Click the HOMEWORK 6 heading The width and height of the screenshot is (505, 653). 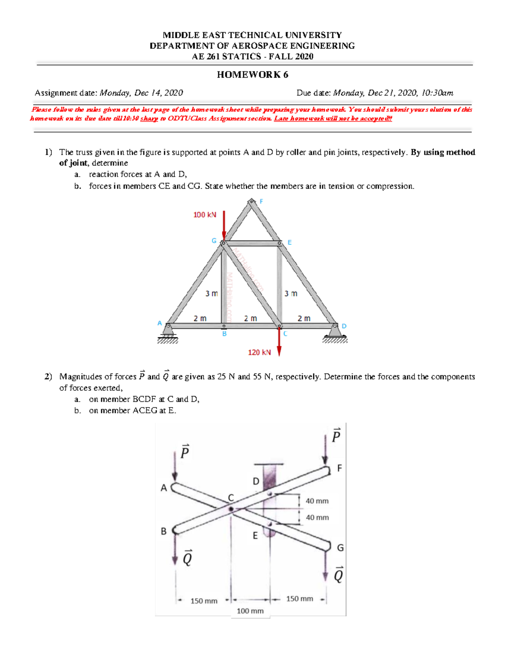(252, 75)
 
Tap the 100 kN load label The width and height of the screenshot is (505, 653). (205, 215)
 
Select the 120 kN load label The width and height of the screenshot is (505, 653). (259, 352)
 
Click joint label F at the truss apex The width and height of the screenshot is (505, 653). (261, 201)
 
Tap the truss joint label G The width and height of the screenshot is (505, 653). (214, 241)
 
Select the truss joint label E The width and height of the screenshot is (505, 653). (290, 243)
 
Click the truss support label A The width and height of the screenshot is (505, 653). (159, 323)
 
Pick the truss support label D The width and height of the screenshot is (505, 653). (344, 326)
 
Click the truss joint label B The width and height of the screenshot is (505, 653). (224, 334)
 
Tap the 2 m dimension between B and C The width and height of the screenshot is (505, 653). (250, 319)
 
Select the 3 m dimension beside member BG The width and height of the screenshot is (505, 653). (211, 293)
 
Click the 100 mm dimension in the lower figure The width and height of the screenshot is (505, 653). (250, 611)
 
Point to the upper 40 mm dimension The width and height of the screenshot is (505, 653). (317, 501)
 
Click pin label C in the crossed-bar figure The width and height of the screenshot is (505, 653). (231, 498)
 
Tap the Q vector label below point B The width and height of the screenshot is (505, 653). (188, 558)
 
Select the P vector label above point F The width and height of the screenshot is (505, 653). (336, 436)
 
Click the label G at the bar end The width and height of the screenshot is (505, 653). (340, 548)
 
